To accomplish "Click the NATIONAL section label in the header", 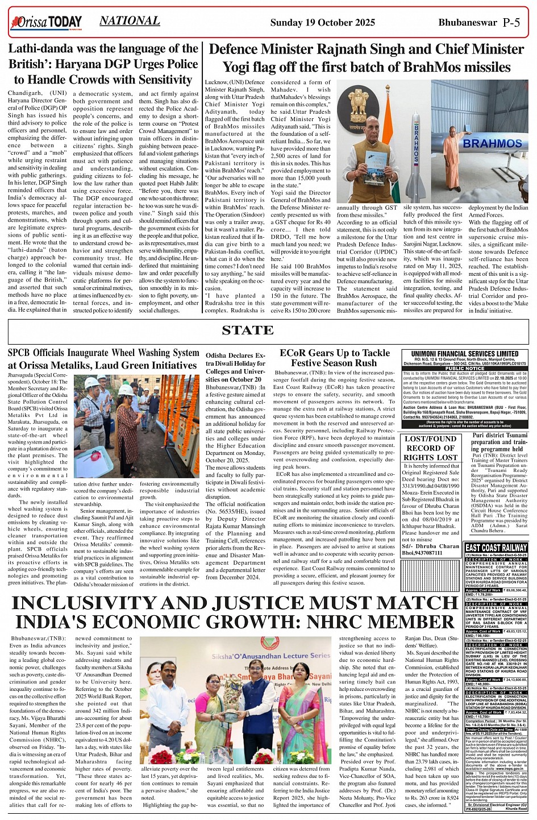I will [x=129, y=21].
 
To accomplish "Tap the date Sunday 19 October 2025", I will [x=322, y=23].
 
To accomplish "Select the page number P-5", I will [x=511, y=23].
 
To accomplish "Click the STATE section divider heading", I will [x=248, y=330].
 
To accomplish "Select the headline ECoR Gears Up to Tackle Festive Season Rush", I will [x=334, y=358].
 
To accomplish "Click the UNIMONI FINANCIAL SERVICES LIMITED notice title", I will [x=465, y=354].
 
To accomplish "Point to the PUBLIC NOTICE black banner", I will [x=464, y=368].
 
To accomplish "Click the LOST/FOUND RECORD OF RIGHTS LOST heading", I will [x=431, y=448].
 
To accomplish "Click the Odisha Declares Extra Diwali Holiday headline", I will [x=235, y=367].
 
